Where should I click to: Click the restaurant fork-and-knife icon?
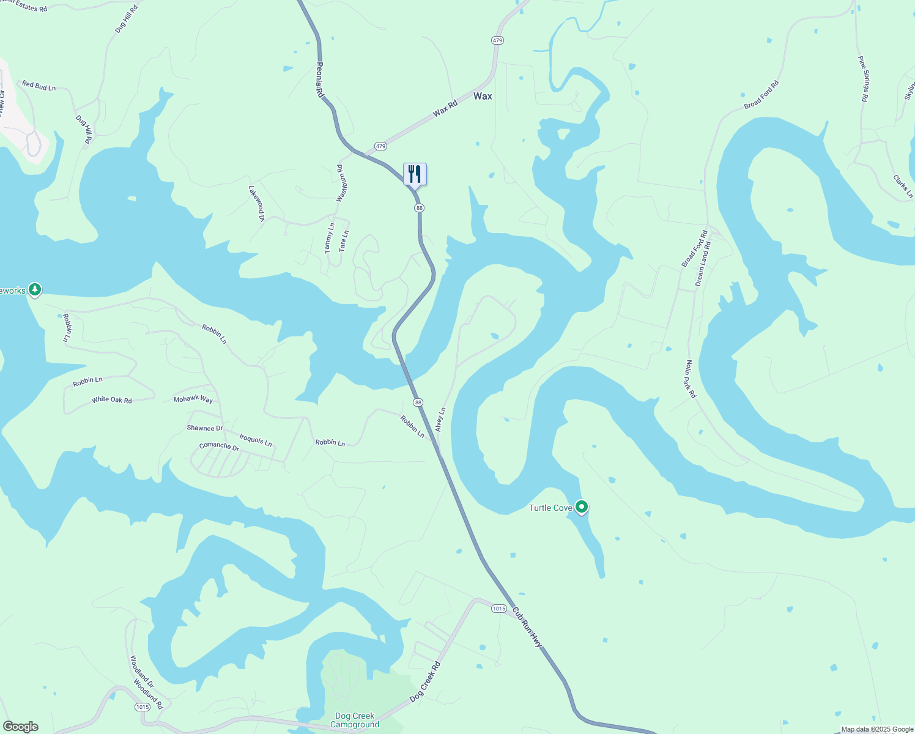(415, 174)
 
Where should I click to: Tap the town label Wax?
(483, 96)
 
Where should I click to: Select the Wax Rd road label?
(445, 109)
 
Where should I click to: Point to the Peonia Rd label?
(319, 80)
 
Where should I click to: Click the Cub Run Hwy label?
(527, 627)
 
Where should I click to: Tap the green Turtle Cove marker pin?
(582, 507)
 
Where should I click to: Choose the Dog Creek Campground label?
(355, 720)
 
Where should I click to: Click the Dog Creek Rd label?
(425, 681)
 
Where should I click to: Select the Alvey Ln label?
(440, 420)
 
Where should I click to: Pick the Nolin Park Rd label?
(691, 379)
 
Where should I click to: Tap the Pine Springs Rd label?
(864, 79)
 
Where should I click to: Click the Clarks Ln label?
(903, 187)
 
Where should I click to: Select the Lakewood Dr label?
(256, 203)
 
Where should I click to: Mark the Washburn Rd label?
(341, 183)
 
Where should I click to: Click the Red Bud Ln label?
(39, 86)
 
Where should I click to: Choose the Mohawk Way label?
(193, 399)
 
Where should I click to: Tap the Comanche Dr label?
(219, 446)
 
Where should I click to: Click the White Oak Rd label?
(111, 400)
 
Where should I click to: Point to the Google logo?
(20, 727)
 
